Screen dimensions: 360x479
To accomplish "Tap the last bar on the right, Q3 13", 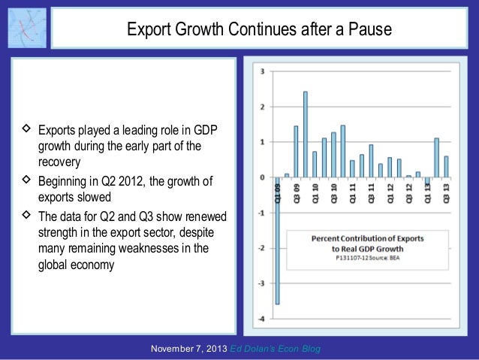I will (445, 167).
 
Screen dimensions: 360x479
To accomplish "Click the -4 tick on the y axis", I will (261, 319).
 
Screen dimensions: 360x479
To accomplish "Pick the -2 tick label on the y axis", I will (261, 248).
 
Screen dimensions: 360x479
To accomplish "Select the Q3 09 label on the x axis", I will (296, 195).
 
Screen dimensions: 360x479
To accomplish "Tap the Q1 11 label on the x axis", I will (352, 195).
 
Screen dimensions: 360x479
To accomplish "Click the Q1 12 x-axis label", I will (390, 195).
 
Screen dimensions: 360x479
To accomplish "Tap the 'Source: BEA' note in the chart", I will (387, 256).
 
